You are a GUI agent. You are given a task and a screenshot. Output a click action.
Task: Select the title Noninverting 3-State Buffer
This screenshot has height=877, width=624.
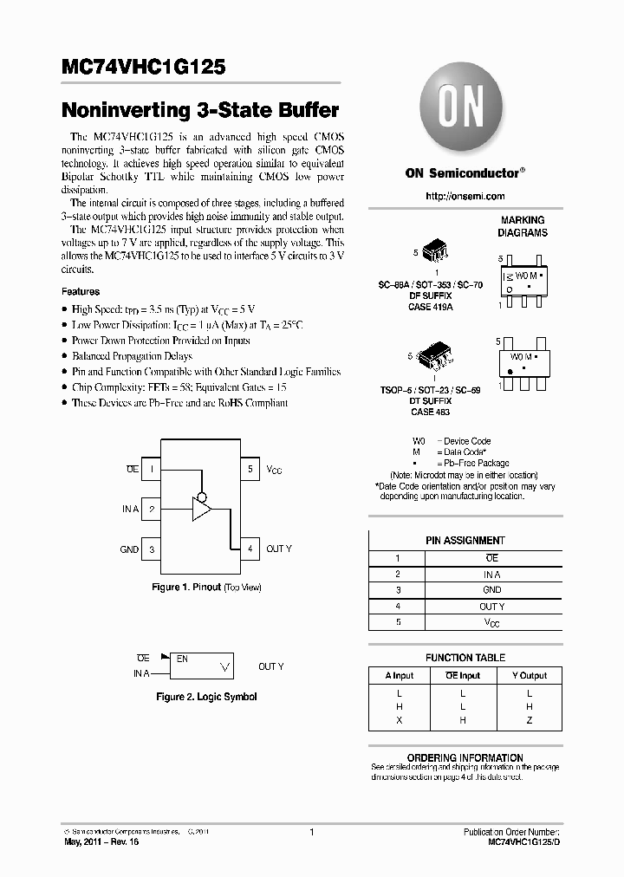pos(200,111)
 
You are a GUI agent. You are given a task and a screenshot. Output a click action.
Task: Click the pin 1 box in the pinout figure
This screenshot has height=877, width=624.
pos(152,469)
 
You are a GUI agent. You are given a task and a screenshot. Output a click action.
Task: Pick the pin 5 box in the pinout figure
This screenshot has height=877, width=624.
pos(250,469)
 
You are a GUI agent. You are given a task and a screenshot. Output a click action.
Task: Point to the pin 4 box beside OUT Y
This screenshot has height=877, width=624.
pos(250,549)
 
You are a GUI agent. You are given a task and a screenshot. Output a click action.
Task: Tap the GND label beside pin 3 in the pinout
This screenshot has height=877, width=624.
pos(129,549)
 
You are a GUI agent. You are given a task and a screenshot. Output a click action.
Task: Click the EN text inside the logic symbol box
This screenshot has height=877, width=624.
pos(182,659)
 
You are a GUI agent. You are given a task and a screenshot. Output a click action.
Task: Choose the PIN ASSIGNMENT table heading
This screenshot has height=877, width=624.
pos(465,540)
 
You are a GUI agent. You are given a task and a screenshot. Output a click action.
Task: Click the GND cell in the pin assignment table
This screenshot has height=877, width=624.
pos(491,590)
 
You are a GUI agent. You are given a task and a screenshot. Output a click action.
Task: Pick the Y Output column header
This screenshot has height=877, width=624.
pos(529,675)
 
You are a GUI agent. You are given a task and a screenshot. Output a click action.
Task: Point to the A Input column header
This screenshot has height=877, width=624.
pos(400,675)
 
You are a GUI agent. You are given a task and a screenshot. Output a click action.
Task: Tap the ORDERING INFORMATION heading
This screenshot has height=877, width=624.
pos(465,757)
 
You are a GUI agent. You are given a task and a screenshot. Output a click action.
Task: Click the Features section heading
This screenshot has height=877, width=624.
pos(81,292)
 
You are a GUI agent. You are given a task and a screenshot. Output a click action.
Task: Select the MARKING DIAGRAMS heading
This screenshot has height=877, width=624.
pos(523,226)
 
